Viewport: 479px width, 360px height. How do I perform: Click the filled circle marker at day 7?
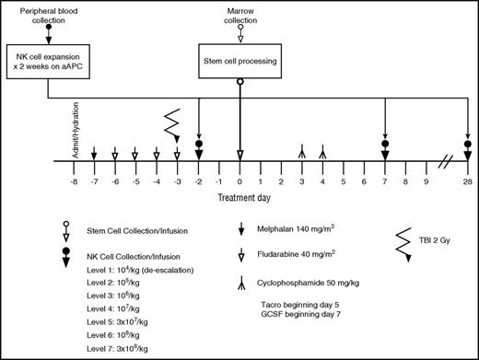pos(385,144)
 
